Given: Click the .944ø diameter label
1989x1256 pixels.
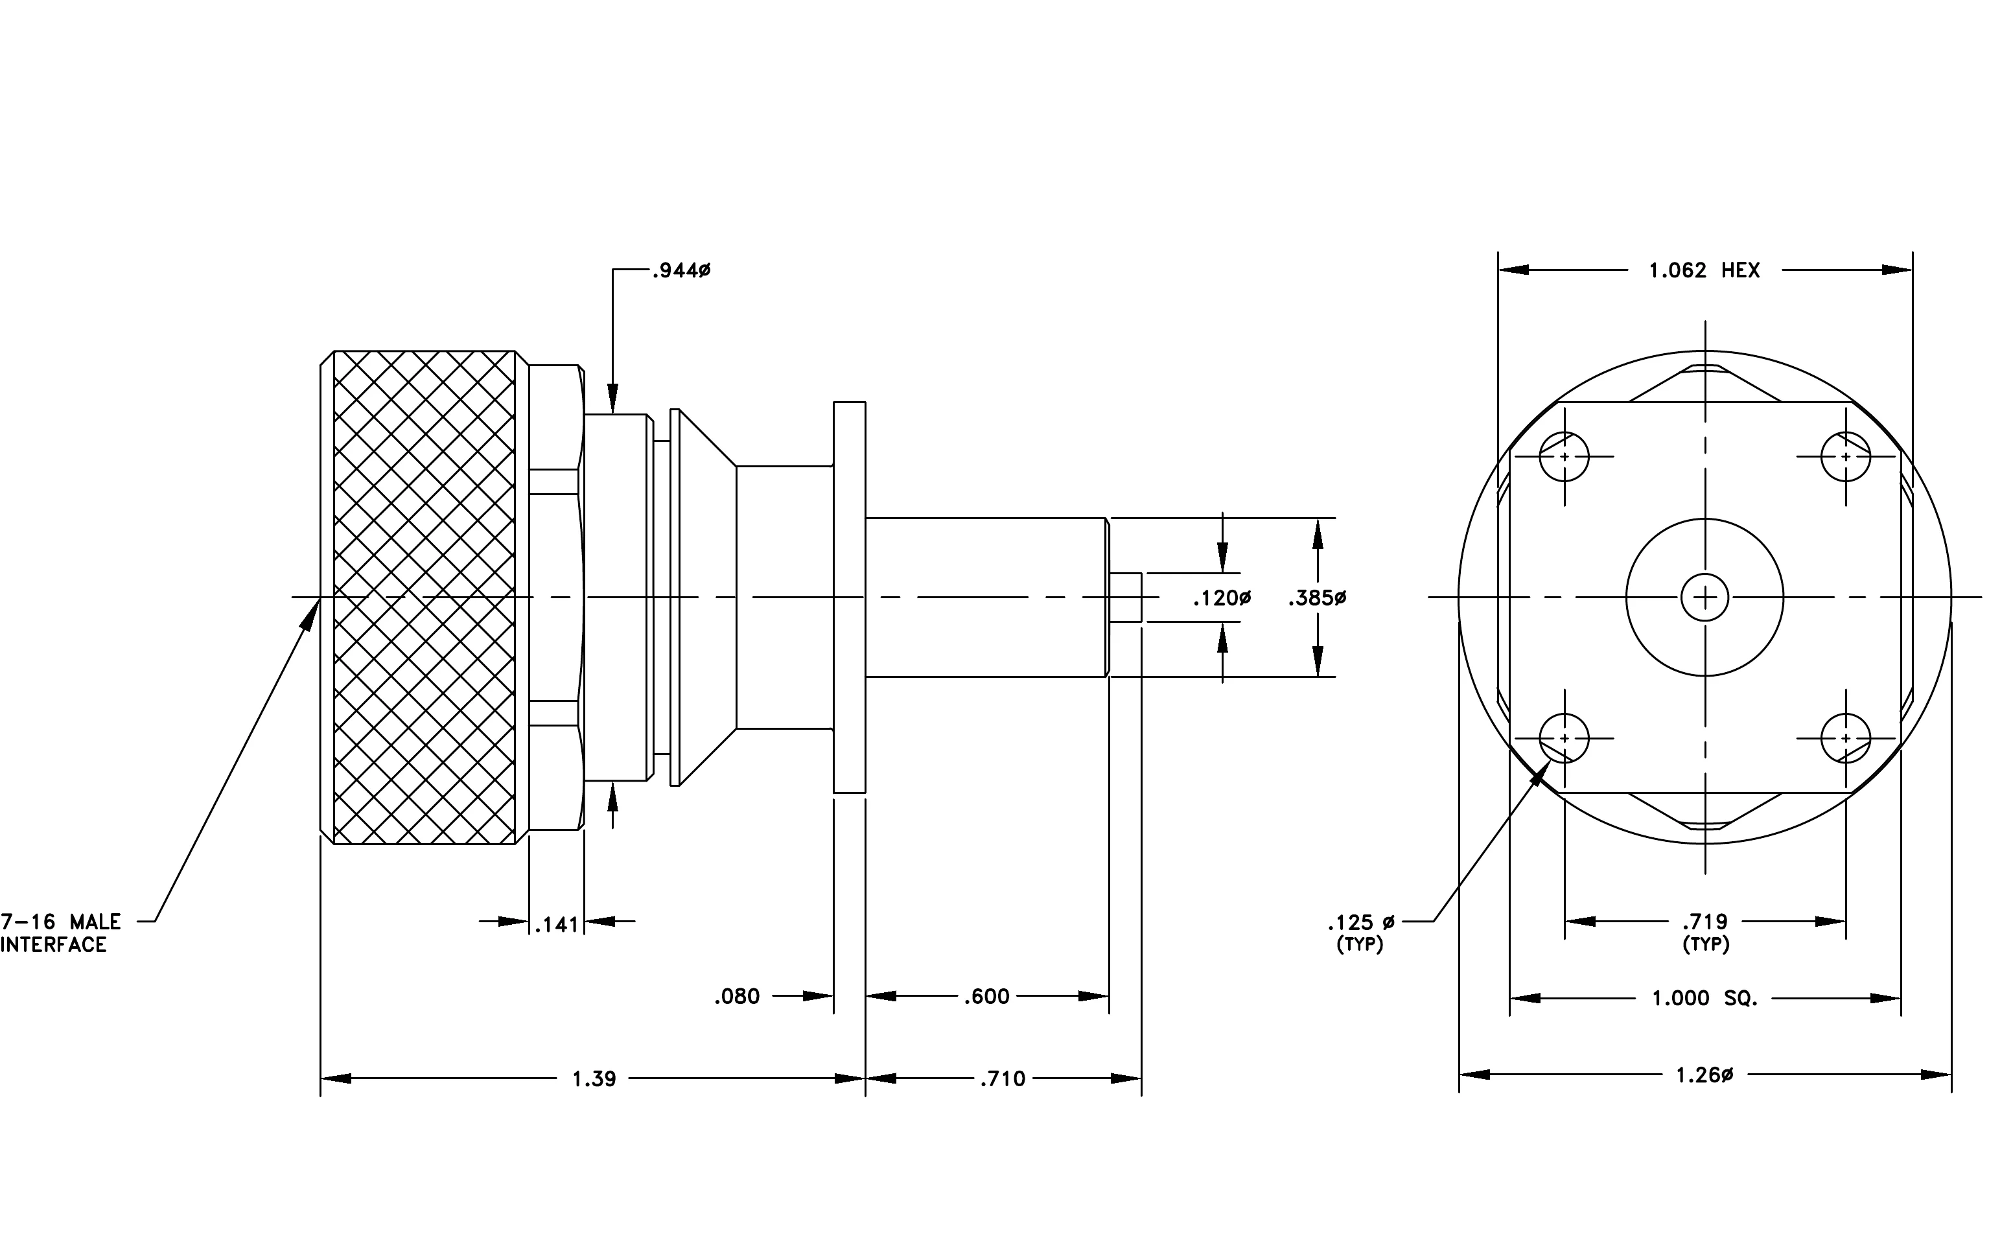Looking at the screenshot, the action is click(x=680, y=270).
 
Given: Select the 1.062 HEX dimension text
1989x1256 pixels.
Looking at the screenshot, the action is click(x=1704, y=270).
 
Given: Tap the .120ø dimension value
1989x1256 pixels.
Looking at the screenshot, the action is click(x=1222, y=597).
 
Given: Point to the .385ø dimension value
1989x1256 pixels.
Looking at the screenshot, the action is click(x=1317, y=597).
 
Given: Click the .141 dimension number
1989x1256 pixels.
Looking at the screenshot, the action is click(x=557, y=924).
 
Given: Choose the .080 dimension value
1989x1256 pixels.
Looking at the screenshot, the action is click(x=737, y=996).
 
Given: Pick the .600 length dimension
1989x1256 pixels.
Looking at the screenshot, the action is click(x=987, y=996).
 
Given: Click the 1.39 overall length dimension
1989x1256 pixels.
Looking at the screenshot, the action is click(x=594, y=1078).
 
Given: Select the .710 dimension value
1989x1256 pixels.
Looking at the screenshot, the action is click(x=1003, y=1078).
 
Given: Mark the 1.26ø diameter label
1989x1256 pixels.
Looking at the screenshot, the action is click(x=1704, y=1075).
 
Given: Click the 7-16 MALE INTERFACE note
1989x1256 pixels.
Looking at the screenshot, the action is click(x=60, y=933).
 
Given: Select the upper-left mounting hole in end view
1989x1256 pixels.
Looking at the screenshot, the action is click(x=1564, y=457).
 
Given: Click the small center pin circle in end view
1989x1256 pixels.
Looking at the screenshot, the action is click(x=1705, y=597).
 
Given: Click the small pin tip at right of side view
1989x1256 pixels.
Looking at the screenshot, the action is click(x=1126, y=597).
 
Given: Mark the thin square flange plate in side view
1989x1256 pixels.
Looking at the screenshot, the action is click(x=849, y=597).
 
